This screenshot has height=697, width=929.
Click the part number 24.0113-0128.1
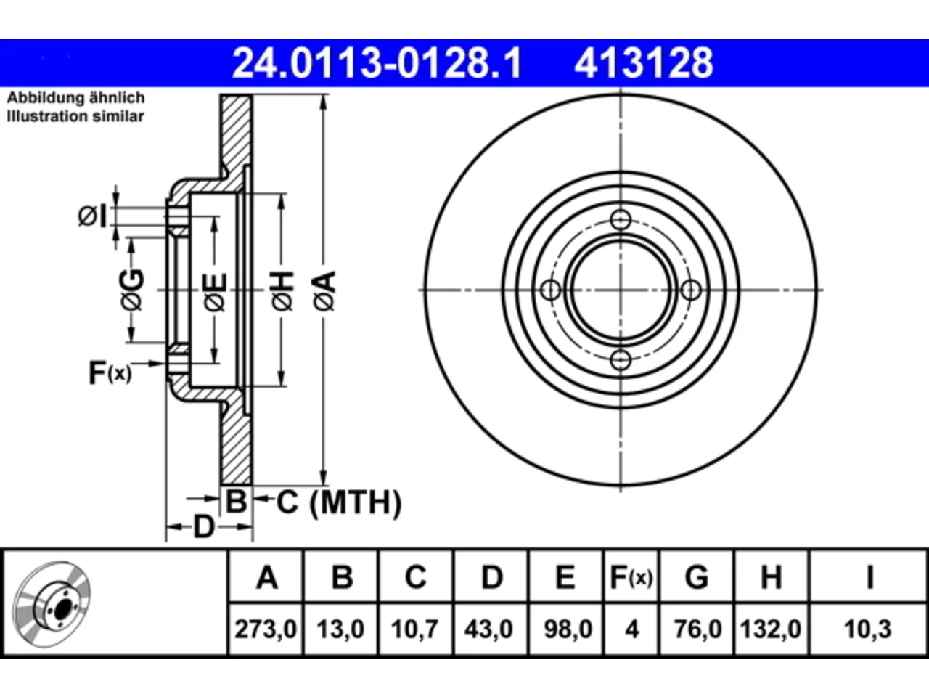click(x=377, y=63)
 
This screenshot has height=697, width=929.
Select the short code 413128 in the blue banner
click(x=644, y=63)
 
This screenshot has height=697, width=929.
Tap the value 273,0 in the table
click(x=266, y=629)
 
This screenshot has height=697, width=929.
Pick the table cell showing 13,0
click(x=340, y=629)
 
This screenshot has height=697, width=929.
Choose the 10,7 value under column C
click(x=414, y=629)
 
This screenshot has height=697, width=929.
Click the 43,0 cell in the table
click(x=489, y=629)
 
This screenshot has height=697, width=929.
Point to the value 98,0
click(x=568, y=629)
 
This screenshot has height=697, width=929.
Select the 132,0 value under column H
click(x=770, y=629)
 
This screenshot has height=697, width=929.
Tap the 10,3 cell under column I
click(x=867, y=629)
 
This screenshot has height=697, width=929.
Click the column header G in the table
click(x=697, y=577)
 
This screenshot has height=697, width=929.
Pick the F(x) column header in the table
click(x=631, y=577)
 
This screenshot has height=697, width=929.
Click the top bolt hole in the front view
click(x=621, y=220)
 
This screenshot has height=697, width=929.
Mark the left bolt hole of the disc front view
click(x=551, y=290)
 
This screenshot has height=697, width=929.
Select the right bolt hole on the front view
click(x=691, y=290)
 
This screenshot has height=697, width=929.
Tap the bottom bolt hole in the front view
click(x=621, y=360)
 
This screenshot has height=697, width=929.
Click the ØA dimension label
click(x=325, y=290)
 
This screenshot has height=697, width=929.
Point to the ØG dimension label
click(x=132, y=290)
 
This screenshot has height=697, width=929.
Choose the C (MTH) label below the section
click(x=339, y=502)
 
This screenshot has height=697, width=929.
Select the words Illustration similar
click(x=75, y=116)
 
